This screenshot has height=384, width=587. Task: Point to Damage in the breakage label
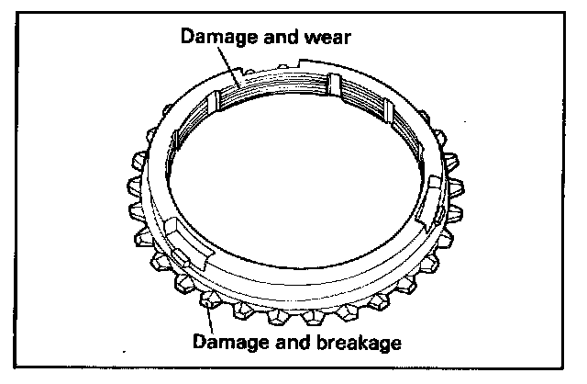226,344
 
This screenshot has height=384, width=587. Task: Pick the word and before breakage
284,344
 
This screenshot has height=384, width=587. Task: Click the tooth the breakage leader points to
209,299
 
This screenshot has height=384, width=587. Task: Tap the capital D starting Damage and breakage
199,344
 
